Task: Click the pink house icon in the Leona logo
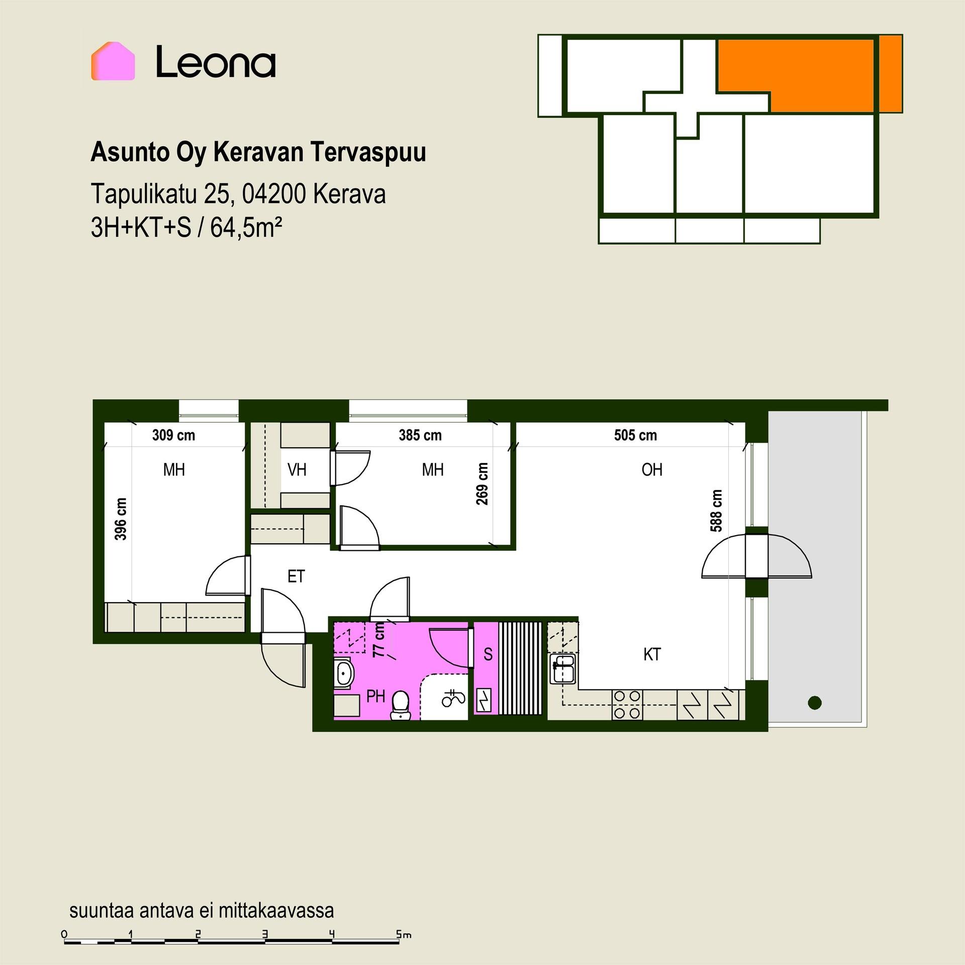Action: click(x=113, y=61)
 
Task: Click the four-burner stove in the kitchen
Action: click(x=627, y=705)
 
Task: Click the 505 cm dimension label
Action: click(x=635, y=435)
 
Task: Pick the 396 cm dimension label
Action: click(x=121, y=519)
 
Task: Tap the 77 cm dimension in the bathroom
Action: click(x=379, y=639)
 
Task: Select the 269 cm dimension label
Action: click(x=482, y=484)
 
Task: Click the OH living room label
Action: click(x=652, y=469)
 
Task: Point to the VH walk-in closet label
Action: click(x=297, y=469)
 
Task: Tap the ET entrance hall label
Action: click(x=296, y=576)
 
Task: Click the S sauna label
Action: click(x=488, y=654)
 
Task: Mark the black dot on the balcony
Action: click(x=814, y=703)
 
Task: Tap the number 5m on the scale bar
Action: click(x=404, y=934)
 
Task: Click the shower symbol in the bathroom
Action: click(x=453, y=698)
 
